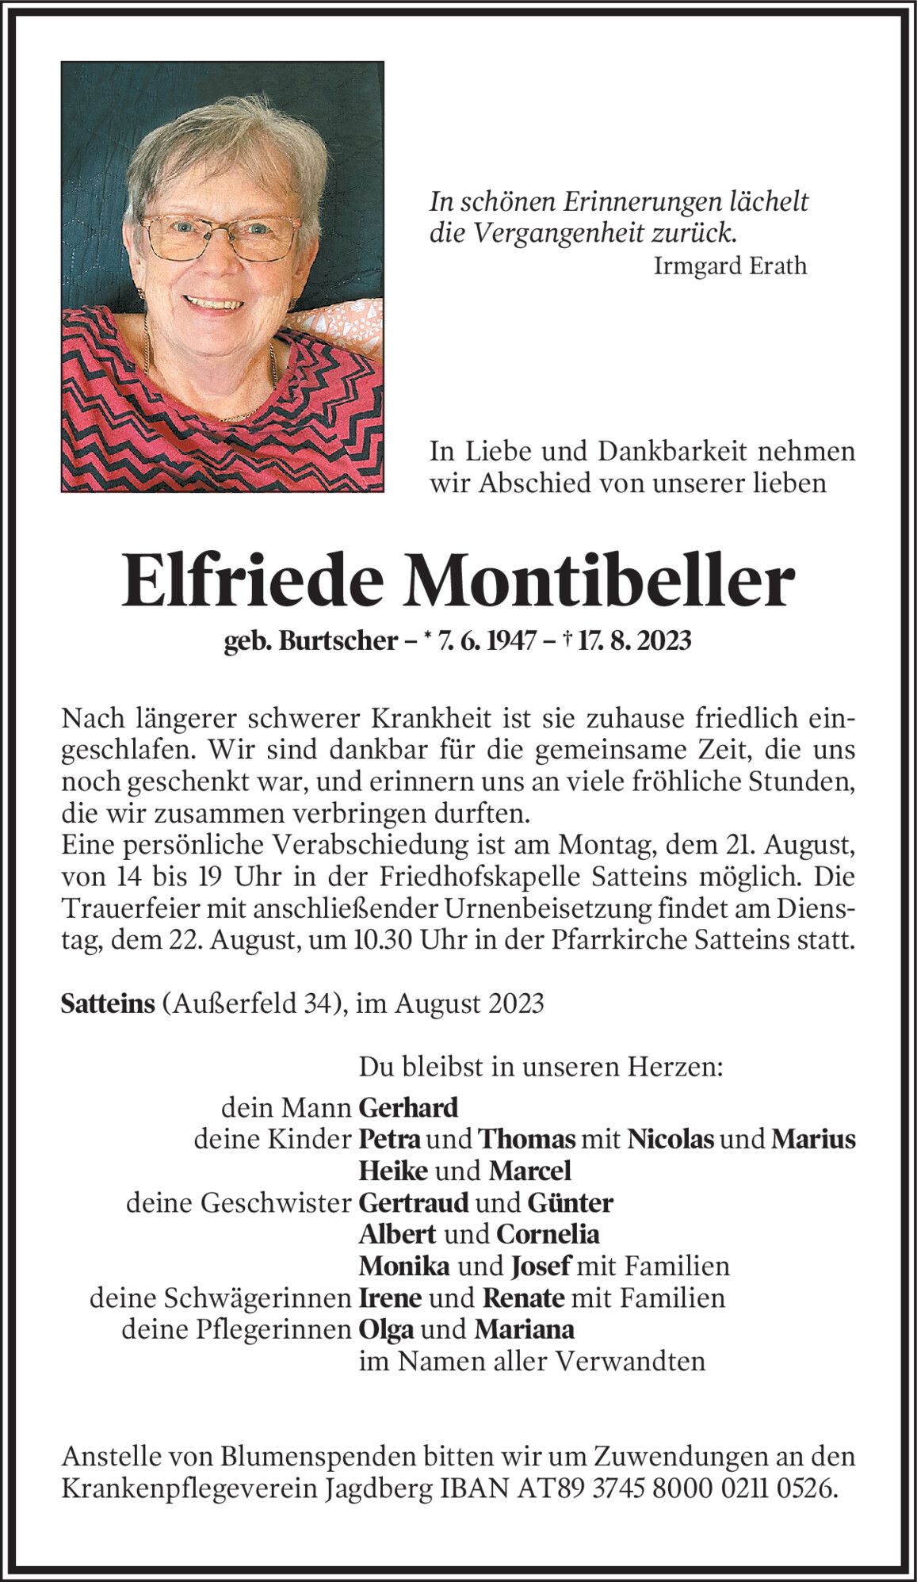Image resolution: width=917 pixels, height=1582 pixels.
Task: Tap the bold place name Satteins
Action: pos(107,1003)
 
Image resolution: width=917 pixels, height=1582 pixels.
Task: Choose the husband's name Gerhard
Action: pos(408,1106)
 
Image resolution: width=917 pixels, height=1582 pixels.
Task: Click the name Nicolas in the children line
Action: pos(671,1139)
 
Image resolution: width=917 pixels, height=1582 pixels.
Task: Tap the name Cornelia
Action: pos(548,1234)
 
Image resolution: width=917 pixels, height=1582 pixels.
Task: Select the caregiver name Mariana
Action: pos(524,1329)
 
